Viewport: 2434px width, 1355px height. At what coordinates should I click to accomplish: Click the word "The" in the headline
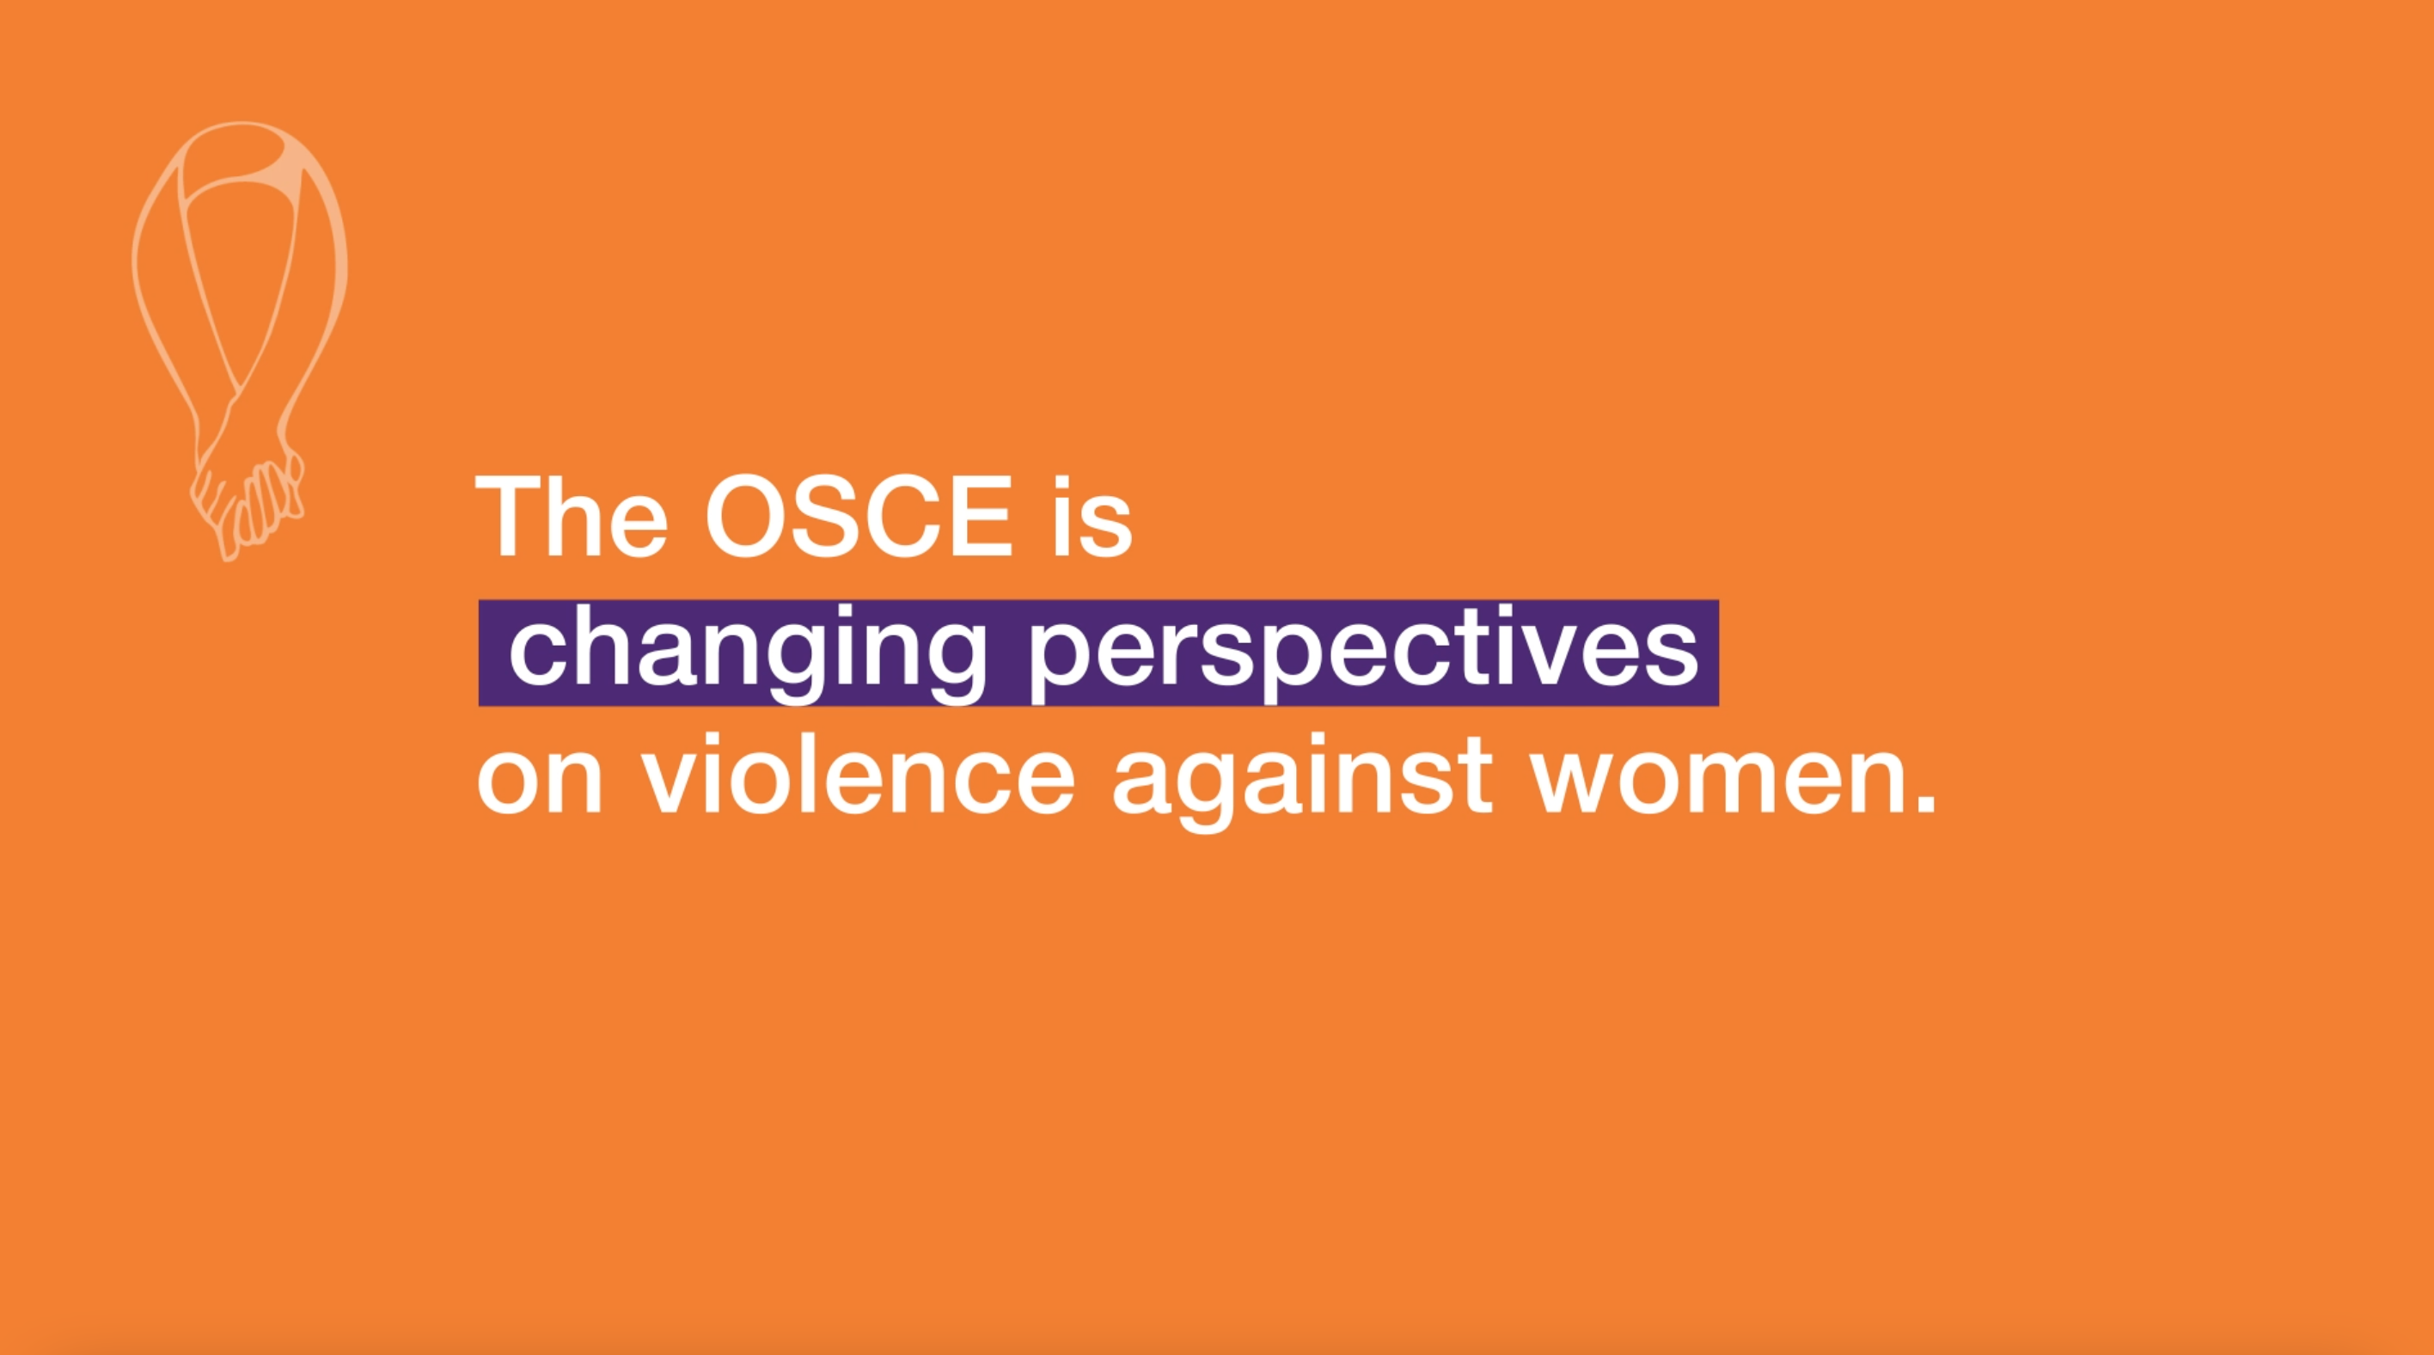572,516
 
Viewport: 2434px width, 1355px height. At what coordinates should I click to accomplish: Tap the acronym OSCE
861,516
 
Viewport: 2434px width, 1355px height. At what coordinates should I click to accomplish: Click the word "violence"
858,771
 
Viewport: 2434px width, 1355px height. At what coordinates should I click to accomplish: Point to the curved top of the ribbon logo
242,137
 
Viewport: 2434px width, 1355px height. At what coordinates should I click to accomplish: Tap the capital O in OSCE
748,516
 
